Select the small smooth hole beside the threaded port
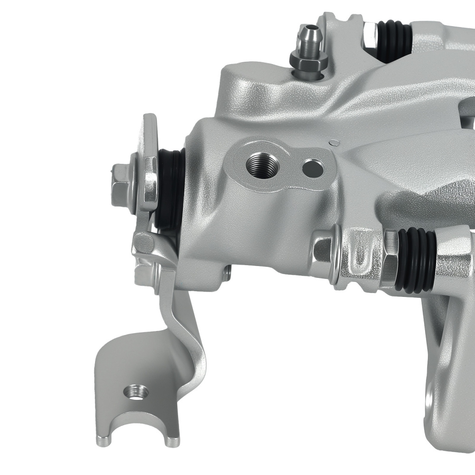313,167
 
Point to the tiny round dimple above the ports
334,141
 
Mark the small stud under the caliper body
227,273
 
